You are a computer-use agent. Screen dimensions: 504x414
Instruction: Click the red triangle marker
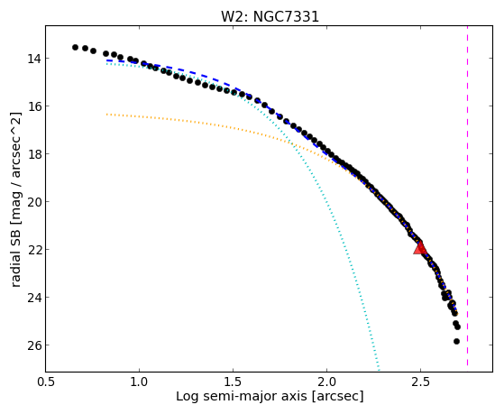420,247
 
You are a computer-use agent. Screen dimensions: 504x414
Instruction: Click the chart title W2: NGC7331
270,16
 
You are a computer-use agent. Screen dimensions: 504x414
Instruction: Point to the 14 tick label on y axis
34,59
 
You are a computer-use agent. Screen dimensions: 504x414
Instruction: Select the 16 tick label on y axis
34,106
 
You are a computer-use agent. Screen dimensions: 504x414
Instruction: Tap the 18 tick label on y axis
34,154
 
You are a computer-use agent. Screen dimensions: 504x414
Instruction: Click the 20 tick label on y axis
34,202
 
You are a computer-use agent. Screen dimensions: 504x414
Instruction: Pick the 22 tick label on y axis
34,250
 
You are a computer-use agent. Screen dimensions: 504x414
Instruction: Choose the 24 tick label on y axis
34,298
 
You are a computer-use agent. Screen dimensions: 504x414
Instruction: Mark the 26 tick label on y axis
34,345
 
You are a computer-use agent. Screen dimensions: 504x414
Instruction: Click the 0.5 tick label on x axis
45,382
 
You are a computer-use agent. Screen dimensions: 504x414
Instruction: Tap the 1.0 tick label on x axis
139,382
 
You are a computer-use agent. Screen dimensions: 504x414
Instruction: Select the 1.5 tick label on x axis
233,382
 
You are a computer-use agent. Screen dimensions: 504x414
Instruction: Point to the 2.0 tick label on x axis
326,382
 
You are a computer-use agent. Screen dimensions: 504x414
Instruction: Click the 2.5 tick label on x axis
420,382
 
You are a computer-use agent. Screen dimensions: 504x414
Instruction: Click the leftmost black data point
75,47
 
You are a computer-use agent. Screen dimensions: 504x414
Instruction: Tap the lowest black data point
456,341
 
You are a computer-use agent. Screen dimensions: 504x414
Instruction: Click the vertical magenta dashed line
467,196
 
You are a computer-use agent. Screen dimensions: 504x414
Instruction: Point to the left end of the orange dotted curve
106,114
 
